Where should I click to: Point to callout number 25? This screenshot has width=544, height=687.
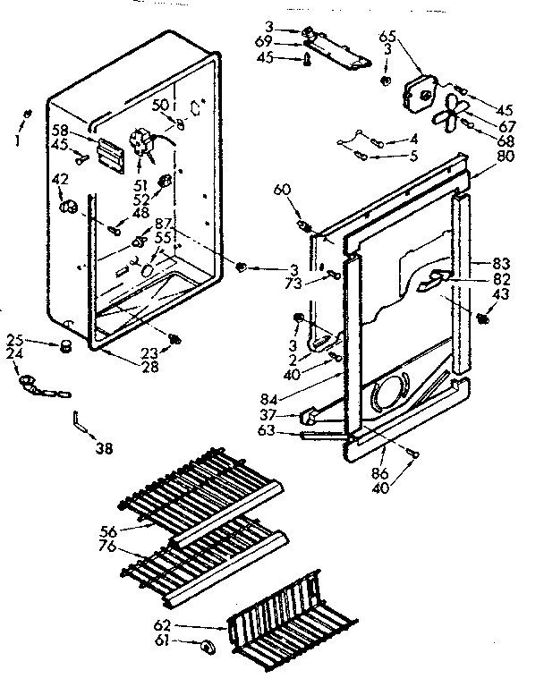tap(15, 341)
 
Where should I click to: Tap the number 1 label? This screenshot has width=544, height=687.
tap(15, 140)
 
